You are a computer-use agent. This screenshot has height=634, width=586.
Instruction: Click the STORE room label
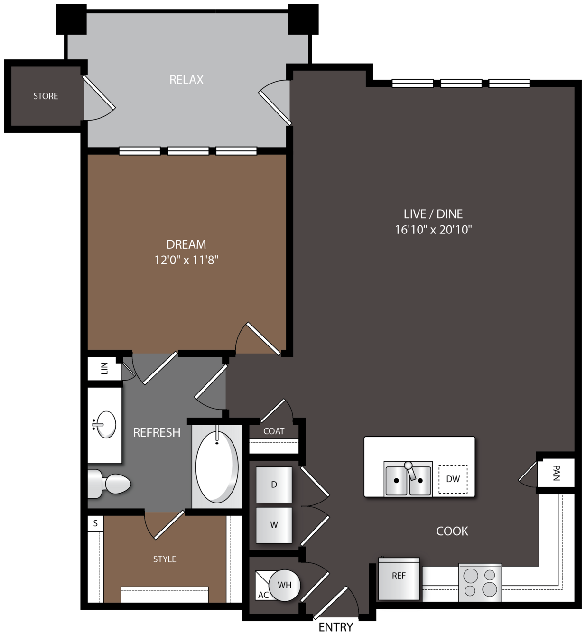click(x=46, y=96)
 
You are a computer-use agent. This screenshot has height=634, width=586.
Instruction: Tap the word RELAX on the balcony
click(x=186, y=80)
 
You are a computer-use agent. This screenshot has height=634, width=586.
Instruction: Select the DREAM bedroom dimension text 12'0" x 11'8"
click(x=186, y=260)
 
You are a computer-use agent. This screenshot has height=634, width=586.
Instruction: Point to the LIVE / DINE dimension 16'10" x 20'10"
click(x=433, y=230)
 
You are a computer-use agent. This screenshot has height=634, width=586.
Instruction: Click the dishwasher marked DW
click(x=453, y=479)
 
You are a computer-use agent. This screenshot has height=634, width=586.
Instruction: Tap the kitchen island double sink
click(x=408, y=478)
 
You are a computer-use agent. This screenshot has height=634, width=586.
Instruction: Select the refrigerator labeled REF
click(x=399, y=579)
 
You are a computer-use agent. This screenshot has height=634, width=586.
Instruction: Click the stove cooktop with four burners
click(x=480, y=583)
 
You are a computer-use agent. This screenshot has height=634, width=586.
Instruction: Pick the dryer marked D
click(x=274, y=485)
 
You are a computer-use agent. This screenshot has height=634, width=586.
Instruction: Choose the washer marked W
click(x=274, y=525)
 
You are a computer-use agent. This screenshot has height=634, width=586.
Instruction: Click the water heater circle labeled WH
click(x=284, y=585)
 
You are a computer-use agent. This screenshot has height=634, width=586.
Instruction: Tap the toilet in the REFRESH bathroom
click(x=109, y=484)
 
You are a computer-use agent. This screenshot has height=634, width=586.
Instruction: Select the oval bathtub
click(x=217, y=467)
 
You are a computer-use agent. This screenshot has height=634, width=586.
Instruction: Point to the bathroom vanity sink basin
click(x=106, y=425)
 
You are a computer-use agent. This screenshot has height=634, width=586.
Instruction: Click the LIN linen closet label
click(x=104, y=368)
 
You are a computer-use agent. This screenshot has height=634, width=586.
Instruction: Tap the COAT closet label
click(x=274, y=431)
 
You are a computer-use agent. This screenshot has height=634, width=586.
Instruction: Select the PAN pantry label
click(x=556, y=473)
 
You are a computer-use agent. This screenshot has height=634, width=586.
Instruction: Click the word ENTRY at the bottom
click(x=336, y=627)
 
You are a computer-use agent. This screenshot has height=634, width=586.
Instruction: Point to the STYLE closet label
click(x=165, y=559)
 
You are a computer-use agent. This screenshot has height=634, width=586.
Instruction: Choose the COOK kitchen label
click(x=452, y=531)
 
